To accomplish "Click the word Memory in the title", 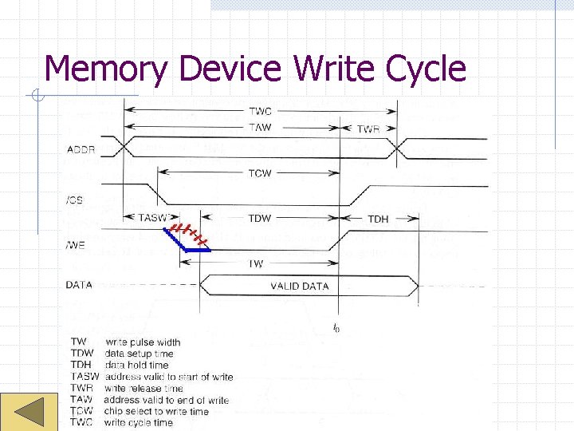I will point(105,69).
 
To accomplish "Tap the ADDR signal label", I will point(81,149).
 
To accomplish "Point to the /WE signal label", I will point(77,245).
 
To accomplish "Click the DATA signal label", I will point(80,284).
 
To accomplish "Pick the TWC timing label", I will point(260,112).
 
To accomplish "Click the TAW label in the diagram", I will point(260,127).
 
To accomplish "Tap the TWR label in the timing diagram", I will point(368,129).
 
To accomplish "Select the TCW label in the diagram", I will point(260,173).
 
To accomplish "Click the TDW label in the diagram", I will point(260,218).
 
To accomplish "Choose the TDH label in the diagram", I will point(378,219).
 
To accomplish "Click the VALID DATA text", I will point(300,286).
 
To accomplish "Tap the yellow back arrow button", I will point(29,413).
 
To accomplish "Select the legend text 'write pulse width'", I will point(143,342).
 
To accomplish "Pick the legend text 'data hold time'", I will point(136,365).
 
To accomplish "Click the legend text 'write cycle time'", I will point(138,422).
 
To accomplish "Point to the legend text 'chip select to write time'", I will point(156,411).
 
